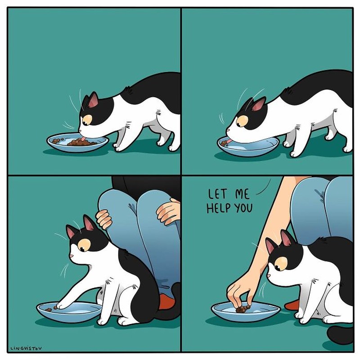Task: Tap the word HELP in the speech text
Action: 219,209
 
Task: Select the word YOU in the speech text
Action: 243,209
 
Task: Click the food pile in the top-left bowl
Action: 81,142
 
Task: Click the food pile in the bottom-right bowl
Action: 243,309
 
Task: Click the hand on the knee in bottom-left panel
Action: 169,211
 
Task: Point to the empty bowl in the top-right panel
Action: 247,146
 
